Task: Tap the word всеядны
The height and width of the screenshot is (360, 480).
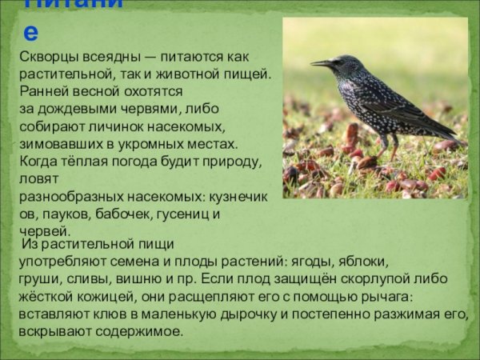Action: coord(117,58)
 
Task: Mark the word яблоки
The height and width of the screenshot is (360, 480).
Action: coord(363,262)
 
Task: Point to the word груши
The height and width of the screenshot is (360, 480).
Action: coord(37,279)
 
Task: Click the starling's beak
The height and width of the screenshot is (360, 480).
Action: coord(319,62)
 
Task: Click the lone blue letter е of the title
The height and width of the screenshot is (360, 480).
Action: coord(31,32)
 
